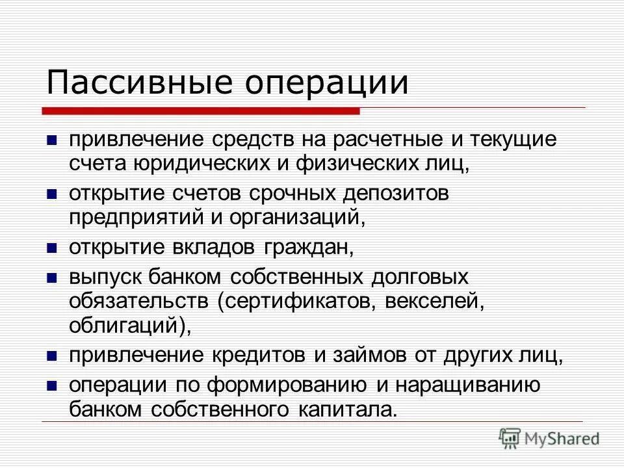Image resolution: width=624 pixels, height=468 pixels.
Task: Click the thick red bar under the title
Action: point(202,111)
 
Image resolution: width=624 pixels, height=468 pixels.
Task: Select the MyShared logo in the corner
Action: point(549,437)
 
